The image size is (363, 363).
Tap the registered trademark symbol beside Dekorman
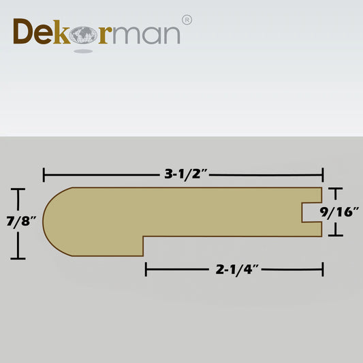187,20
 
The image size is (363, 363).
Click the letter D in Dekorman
25,33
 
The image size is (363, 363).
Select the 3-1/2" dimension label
186,174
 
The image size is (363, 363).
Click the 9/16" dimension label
341,212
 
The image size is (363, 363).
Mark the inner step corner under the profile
144,237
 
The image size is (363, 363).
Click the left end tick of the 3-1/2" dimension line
44,175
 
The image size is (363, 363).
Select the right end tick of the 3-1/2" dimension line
322,175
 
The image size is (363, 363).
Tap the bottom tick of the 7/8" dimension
18,258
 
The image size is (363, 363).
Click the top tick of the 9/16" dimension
333,189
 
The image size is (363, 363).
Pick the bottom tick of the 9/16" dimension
333,235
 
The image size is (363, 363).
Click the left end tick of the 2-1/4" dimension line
146,270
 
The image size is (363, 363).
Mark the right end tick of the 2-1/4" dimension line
322,270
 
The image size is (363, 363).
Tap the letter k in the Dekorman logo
64,32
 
